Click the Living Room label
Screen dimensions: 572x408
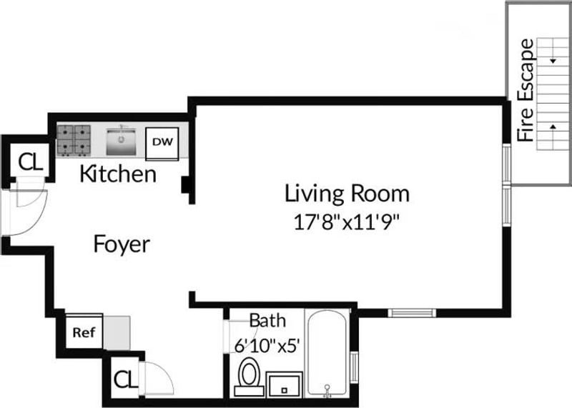click(347, 193)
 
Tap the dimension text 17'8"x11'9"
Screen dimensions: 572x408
click(347, 222)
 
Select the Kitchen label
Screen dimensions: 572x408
click(118, 174)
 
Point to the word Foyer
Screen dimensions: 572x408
click(122, 244)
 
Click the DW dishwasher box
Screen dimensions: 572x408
click(162, 144)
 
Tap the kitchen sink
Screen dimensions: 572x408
click(121, 141)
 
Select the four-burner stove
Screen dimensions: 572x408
click(74, 141)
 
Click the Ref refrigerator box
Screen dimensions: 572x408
click(84, 332)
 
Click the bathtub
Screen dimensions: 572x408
click(327, 353)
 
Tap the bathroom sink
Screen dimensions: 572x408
click(284, 384)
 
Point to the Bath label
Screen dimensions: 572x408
click(267, 321)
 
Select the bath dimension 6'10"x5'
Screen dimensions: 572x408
click(267, 345)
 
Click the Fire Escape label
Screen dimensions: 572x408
click(526, 90)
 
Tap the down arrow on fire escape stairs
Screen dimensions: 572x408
click(553, 61)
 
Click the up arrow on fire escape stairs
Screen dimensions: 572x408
click(553, 126)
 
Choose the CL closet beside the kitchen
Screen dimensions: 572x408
click(31, 162)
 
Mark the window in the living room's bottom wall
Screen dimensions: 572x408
click(412, 312)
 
